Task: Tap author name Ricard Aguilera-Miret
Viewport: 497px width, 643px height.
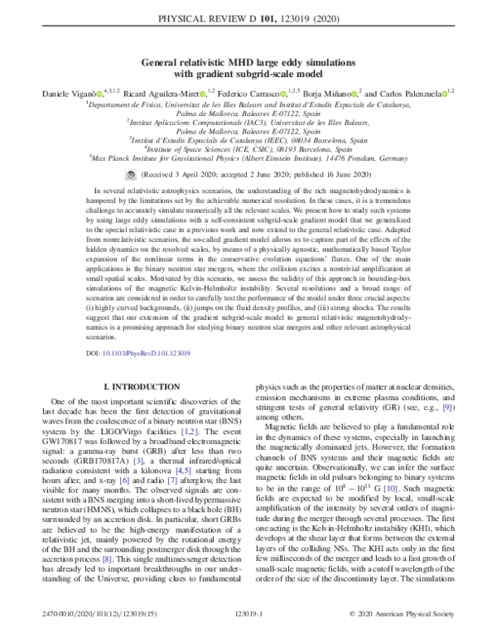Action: tap(170, 93)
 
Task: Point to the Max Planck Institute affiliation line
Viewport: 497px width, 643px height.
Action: tap(248, 157)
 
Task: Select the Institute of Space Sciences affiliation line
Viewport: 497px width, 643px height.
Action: tap(248, 148)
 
